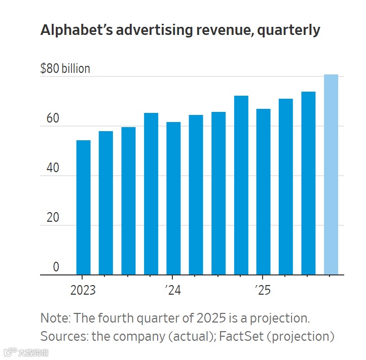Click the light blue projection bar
click(x=331, y=175)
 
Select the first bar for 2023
click(x=83, y=208)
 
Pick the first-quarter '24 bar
click(x=173, y=198)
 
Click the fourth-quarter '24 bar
click(x=241, y=185)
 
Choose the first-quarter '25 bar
click(x=264, y=192)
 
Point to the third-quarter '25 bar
click(x=309, y=183)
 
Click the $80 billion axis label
click(x=65, y=69)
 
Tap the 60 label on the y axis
click(x=53, y=119)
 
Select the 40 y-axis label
click(x=53, y=169)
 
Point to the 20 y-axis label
click(x=53, y=218)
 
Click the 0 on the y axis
click(x=56, y=267)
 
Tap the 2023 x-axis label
click(x=83, y=291)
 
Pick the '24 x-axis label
click(x=172, y=291)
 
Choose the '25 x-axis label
click(x=262, y=291)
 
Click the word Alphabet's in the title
click(x=76, y=30)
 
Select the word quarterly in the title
click(x=288, y=31)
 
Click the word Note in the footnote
click(x=54, y=318)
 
